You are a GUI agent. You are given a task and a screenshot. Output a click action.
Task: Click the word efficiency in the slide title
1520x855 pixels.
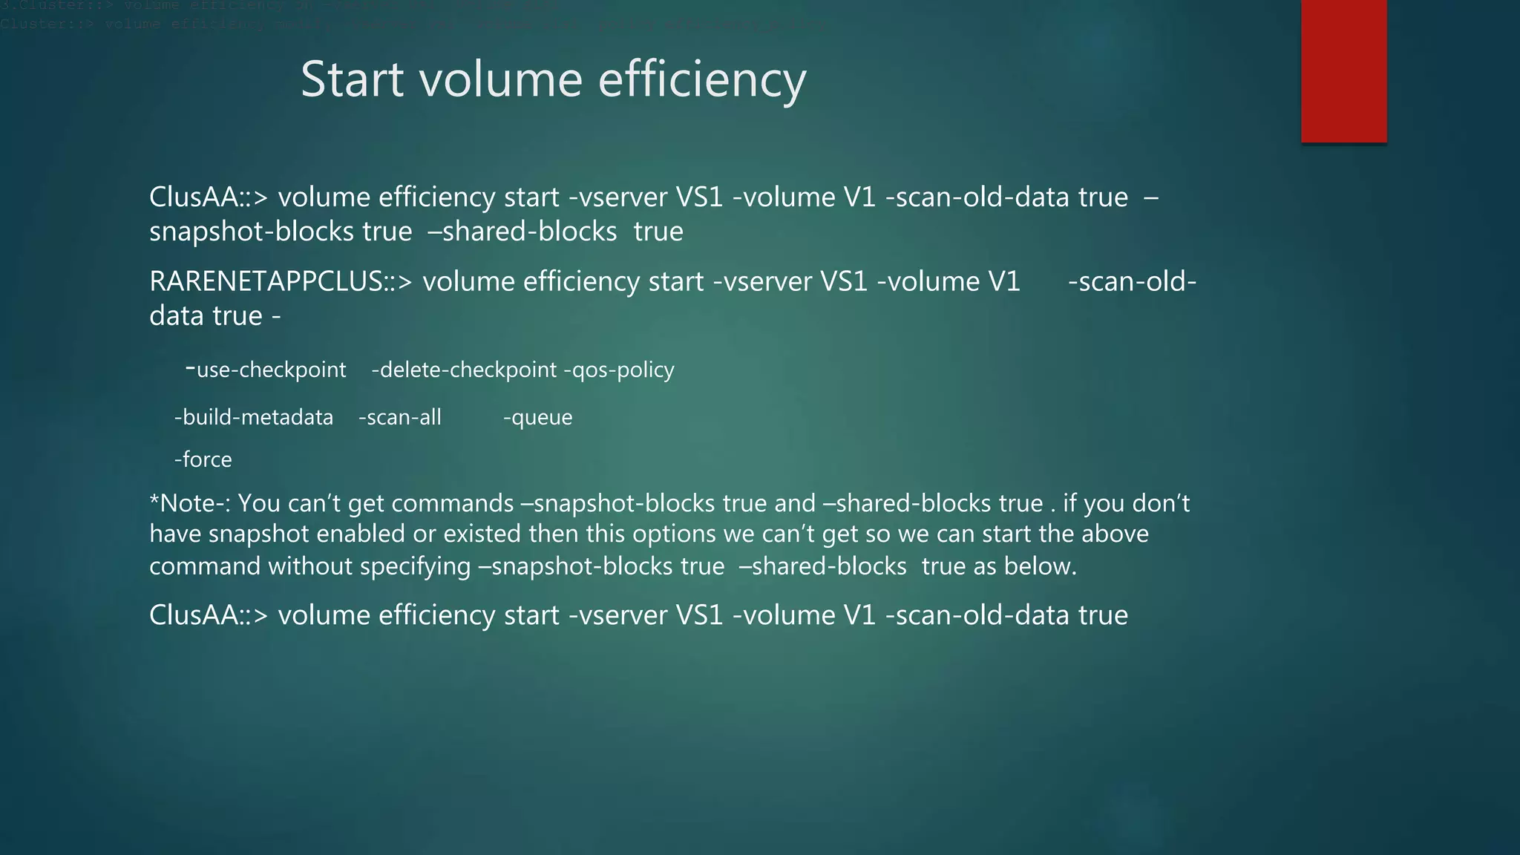(701, 80)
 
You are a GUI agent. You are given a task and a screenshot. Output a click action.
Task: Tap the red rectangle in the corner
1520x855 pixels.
(1343, 71)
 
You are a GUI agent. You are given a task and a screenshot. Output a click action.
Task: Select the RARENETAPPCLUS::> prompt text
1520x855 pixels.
(280, 282)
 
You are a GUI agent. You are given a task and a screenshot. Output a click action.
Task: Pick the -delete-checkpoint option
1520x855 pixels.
(464, 370)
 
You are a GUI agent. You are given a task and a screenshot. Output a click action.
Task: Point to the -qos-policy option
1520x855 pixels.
(620, 370)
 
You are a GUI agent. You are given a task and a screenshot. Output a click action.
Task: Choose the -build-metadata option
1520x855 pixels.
(254, 417)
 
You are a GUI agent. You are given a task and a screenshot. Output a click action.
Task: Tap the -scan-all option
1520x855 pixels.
(399, 417)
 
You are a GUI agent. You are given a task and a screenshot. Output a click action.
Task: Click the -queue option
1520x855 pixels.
(537, 417)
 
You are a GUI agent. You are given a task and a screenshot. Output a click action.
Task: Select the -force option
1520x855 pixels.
(203, 459)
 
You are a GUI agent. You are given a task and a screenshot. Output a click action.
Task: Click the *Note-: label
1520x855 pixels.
(190, 503)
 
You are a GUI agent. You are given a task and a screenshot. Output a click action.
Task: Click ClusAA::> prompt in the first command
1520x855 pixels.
(208, 197)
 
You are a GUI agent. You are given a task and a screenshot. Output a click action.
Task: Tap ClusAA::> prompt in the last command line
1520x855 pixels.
(208, 615)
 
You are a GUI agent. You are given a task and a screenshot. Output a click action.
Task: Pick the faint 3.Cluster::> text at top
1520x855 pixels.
(56, 6)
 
